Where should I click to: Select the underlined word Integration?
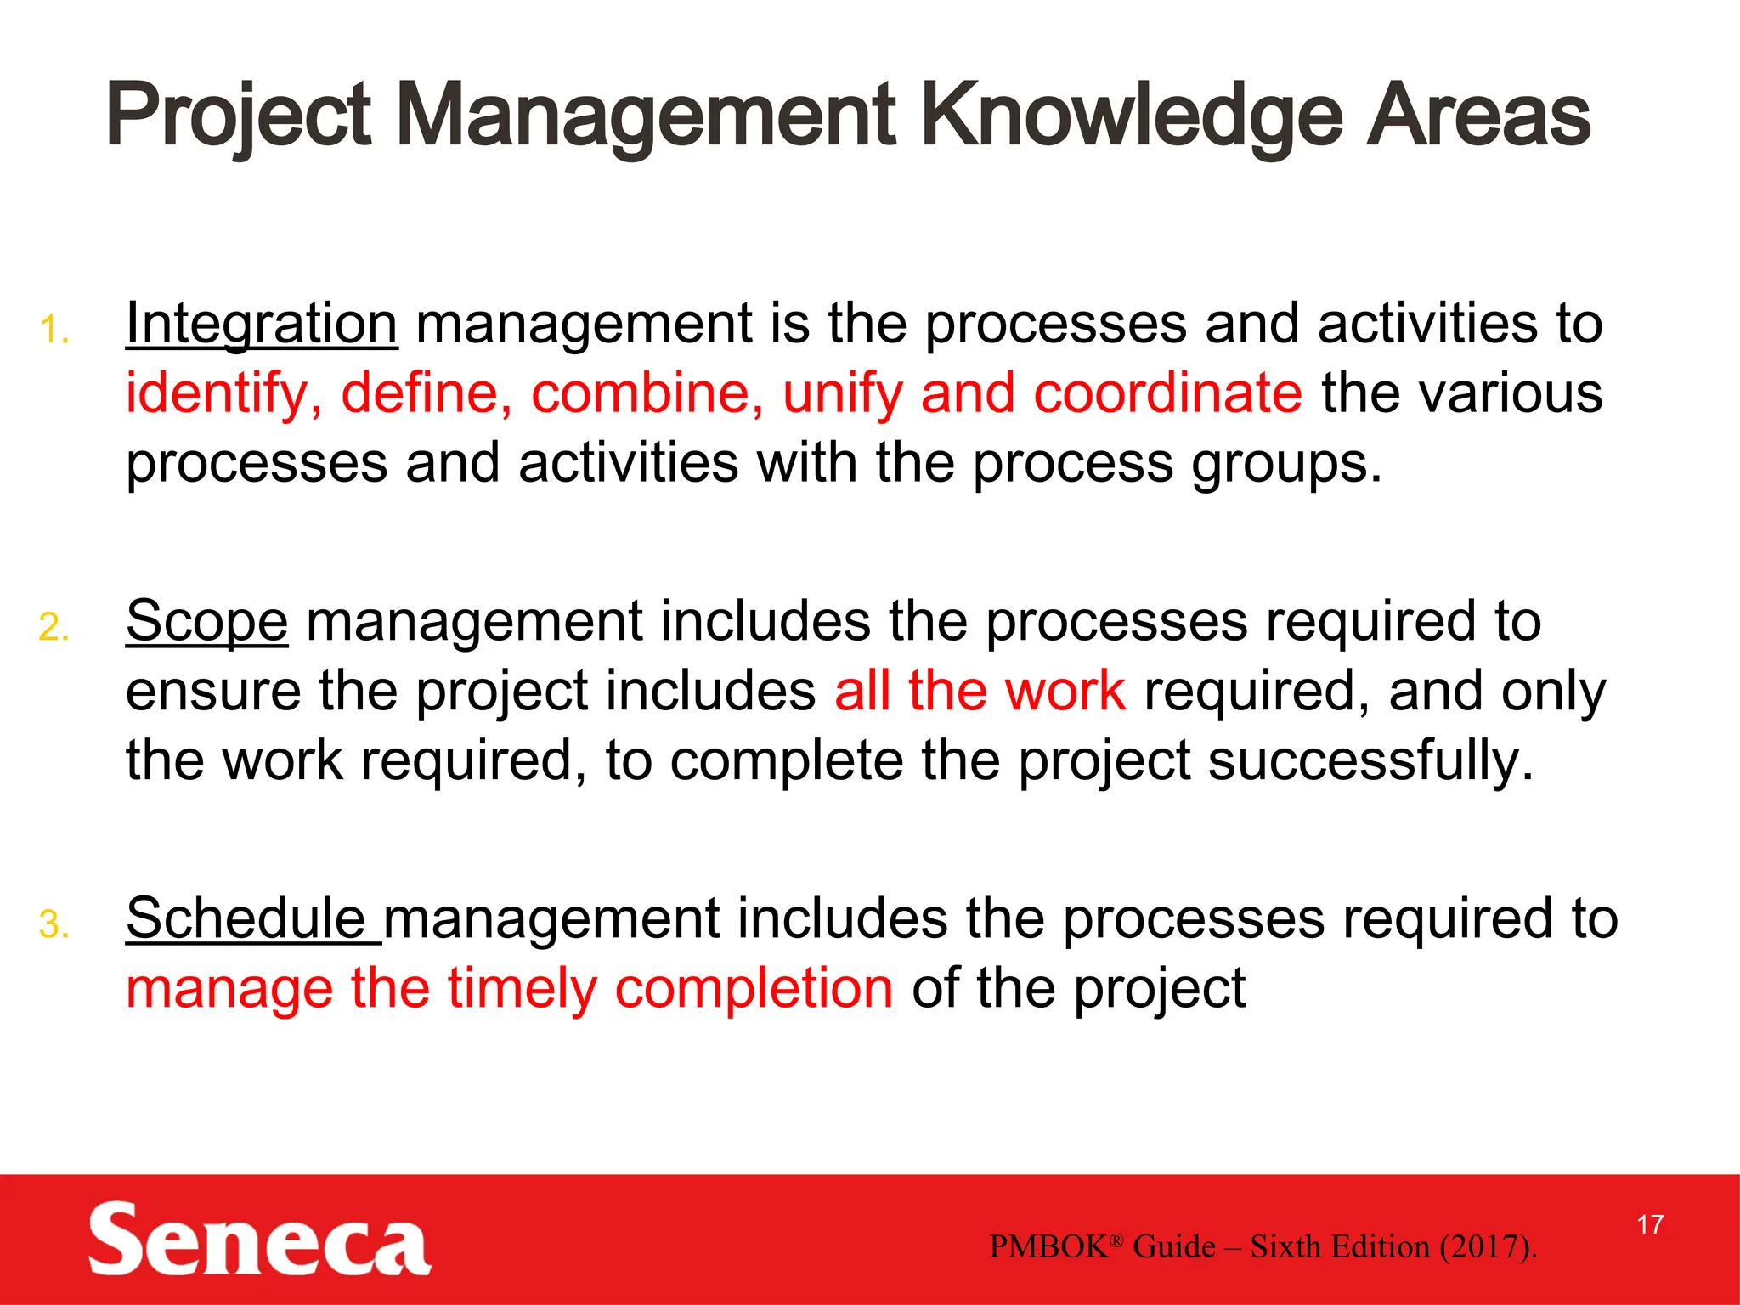click(x=262, y=325)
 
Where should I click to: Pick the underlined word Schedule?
click(x=246, y=919)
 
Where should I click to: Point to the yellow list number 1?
click(x=54, y=330)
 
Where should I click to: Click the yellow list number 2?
click(x=54, y=627)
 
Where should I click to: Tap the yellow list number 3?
click(x=54, y=924)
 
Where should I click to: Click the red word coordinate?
click(x=1167, y=393)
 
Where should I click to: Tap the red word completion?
click(x=754, y=990)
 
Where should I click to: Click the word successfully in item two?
click(x=1370, y=760)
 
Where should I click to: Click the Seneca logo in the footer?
click(x=259, y=1239)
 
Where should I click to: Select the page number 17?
click(x=1650, y=1225)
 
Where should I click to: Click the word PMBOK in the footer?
click(x=1048, y=1247)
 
